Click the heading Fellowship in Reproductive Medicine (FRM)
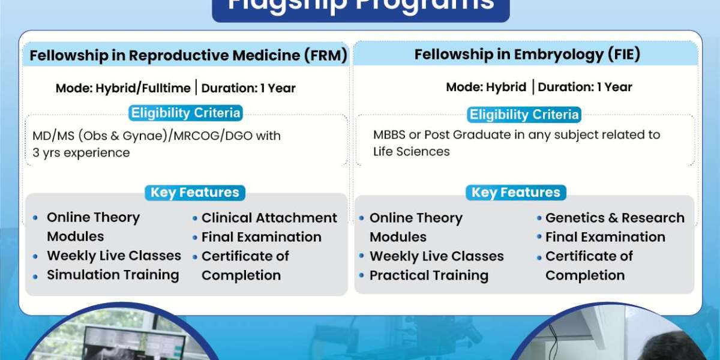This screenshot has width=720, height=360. coord(188,56)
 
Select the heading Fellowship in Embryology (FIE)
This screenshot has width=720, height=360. coord(527,55)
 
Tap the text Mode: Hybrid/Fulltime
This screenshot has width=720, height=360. coord(123,88)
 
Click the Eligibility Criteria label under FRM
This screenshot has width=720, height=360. coord(185,113)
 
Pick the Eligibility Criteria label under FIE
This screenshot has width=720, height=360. coord(524,115)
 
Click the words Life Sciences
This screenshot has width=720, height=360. coord(411,152)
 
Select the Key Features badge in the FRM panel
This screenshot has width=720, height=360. coord(194,193)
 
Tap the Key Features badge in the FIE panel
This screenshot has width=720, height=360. coord(515,193)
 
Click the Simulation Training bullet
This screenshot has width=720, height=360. coord(113,275)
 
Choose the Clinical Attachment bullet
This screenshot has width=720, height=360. coord(269,218)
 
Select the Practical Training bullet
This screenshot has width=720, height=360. coord(428,275)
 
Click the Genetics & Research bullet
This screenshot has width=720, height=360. coord(614,218)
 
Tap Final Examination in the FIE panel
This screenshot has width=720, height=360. coord(605,237)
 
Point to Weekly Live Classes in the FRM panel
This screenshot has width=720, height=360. coord(113,256)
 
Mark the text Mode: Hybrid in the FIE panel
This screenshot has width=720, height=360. coord(486,87)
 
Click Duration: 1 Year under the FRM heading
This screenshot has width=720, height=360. coord(248,88)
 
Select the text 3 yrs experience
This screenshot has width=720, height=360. coord(81,153)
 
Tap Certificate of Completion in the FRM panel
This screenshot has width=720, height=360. coord(245,266)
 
